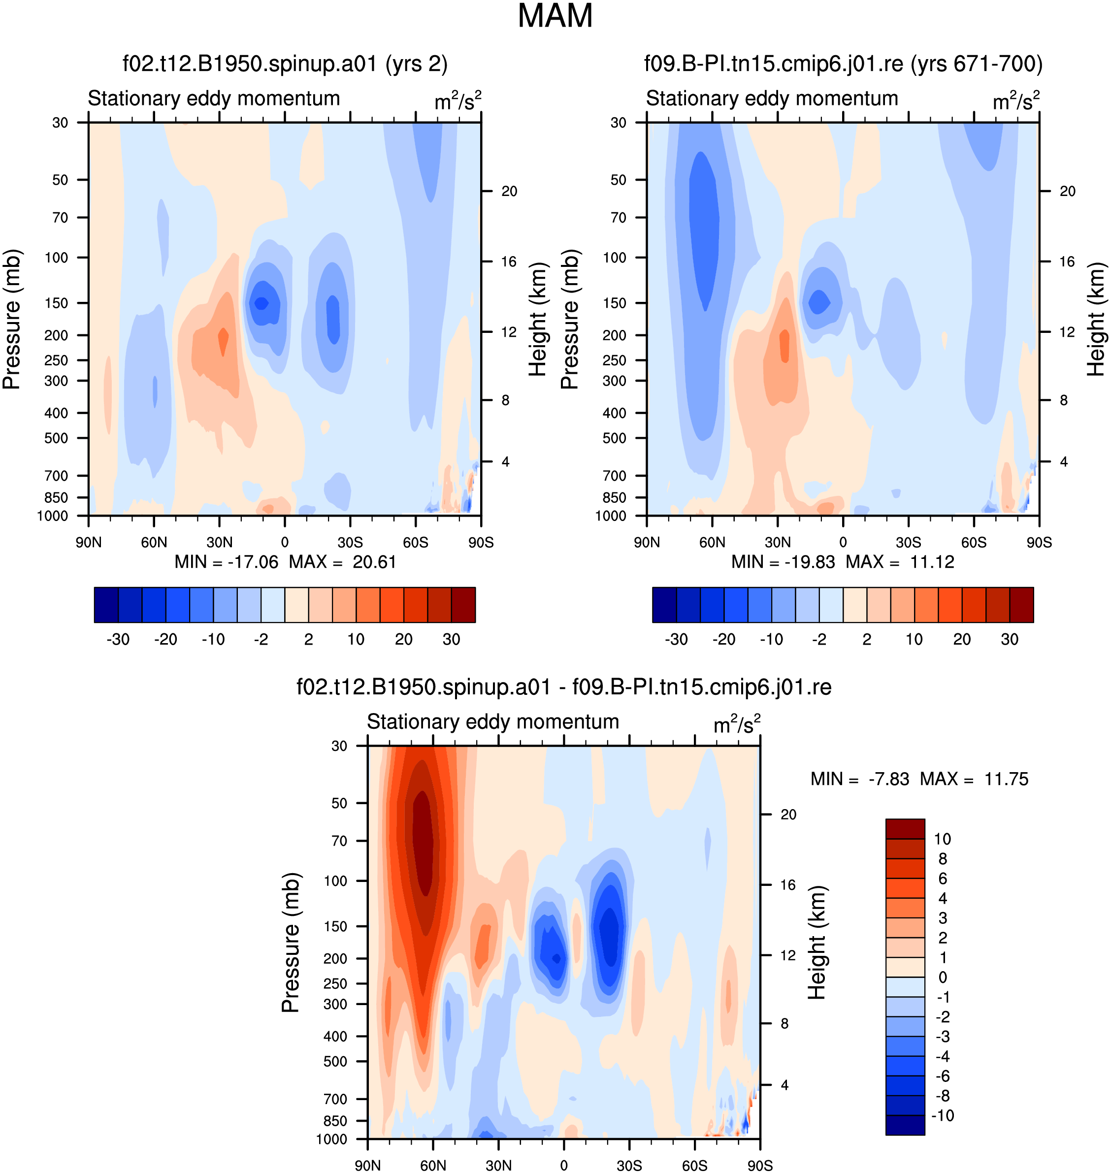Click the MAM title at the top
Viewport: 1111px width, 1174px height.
tap(555, 16)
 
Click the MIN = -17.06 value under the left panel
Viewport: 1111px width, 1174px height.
tap(226, 561)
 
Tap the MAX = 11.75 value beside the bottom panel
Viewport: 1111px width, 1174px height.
tap(974, 779)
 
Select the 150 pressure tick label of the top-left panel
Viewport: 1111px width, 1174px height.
tap(56, 303)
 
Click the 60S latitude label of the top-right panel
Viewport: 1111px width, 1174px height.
tap(974, 542)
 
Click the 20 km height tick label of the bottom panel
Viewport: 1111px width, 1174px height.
tap(788, 815)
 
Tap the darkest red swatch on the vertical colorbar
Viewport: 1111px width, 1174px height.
tap(905, 829)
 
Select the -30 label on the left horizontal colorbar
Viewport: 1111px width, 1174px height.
tap(118, 639)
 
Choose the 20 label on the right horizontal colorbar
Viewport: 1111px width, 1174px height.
tap(962, 639)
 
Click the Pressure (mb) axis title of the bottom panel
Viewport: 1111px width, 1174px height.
tap(290, 942)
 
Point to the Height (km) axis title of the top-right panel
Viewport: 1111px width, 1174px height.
tap(1096, 319)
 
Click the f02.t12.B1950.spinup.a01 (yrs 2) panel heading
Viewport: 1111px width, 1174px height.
tap(285, 64)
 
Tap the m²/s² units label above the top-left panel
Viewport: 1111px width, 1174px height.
tap(458, 100)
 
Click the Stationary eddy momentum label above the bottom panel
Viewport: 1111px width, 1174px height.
tap(493, 721)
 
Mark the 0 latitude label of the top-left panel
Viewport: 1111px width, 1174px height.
tap(285, 542)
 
